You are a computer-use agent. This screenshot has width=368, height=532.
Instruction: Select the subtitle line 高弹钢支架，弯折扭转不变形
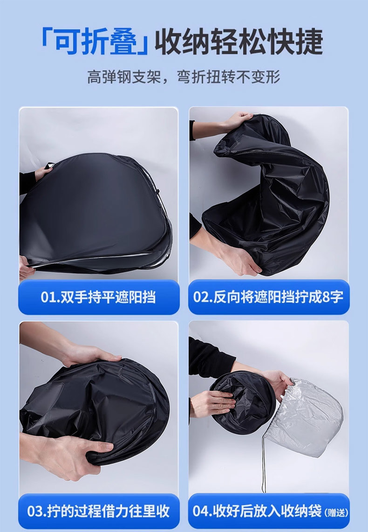[184, 77]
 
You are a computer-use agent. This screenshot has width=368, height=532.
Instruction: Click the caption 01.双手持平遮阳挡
[98, 297]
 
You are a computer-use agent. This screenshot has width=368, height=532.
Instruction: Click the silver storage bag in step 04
[307, 417]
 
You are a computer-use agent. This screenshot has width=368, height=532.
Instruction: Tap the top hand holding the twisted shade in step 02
[238, 121]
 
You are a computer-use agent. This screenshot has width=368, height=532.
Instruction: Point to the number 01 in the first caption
[48, 297]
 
